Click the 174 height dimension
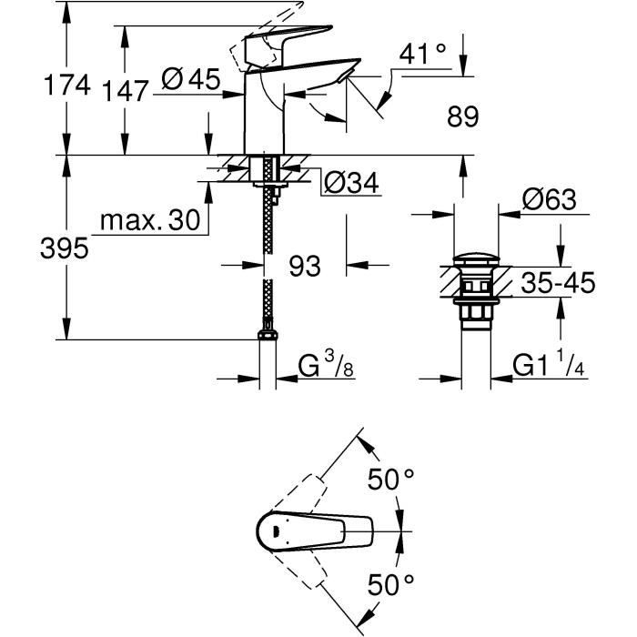coord(69,86)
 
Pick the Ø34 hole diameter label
coord(350,183)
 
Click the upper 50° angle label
coord(391,478)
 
